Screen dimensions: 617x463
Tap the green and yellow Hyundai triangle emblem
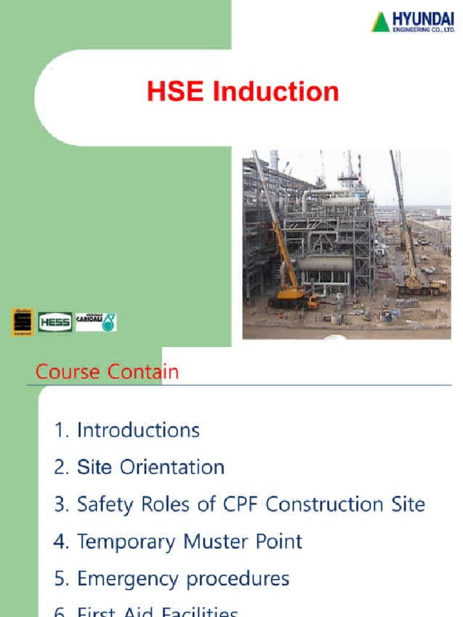(x=380, y=22)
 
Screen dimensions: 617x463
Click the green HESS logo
(x=55, y=322)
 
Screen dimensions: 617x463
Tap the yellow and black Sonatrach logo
(x=23, y=322)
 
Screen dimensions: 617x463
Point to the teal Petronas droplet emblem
(x=109, y=322)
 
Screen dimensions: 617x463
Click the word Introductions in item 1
(x=138, y=430)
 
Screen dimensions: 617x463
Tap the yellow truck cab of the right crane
(x=438, y=286)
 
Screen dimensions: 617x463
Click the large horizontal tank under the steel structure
(x=326, y=263)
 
